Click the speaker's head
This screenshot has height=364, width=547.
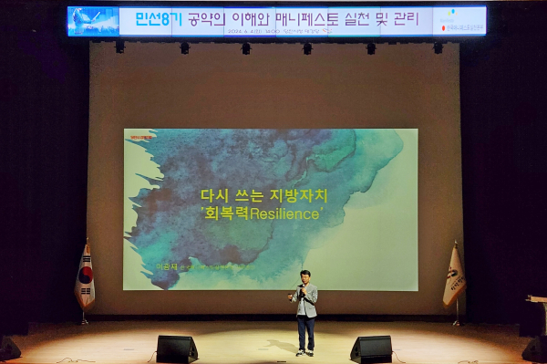[x=306, y=276]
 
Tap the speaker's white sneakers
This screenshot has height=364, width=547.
[x=305, y=351]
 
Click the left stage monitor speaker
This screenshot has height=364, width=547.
[x=177, y=348]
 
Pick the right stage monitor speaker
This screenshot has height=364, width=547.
[x=372, y=348]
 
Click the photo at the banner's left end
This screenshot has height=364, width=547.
[x=91, y=20]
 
